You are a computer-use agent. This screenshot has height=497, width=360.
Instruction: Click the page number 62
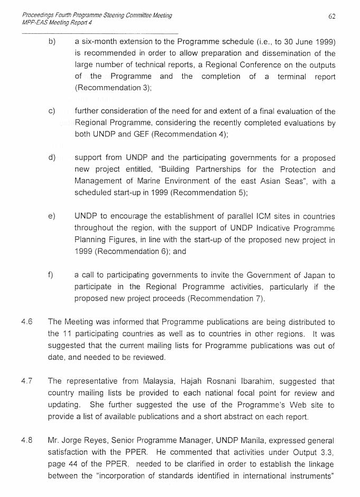[332, 16]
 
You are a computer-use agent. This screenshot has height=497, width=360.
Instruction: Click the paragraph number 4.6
[26, 321]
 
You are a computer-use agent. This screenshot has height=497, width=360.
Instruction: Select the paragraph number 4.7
[26, 381]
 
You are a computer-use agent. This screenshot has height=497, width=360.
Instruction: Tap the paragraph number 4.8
[26, 440]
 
